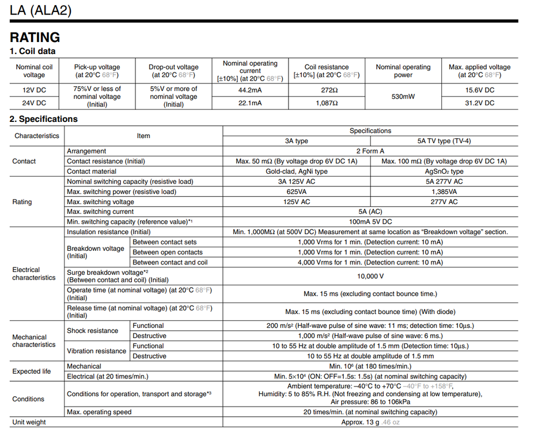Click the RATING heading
35,37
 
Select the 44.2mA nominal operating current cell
250,90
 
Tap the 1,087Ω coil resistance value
327,103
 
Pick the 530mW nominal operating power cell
403,97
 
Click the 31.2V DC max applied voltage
479,103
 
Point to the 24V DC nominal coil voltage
34,103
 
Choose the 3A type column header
296,141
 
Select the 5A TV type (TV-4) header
444,141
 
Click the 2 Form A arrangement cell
370,151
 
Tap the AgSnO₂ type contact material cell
444,171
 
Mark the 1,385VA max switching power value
444,191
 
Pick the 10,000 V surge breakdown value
370,276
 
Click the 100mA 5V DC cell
370,221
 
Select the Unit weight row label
29,422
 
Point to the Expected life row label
32,371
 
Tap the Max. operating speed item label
99,412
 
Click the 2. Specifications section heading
44,119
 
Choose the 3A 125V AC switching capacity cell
296,181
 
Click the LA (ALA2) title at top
41,10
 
